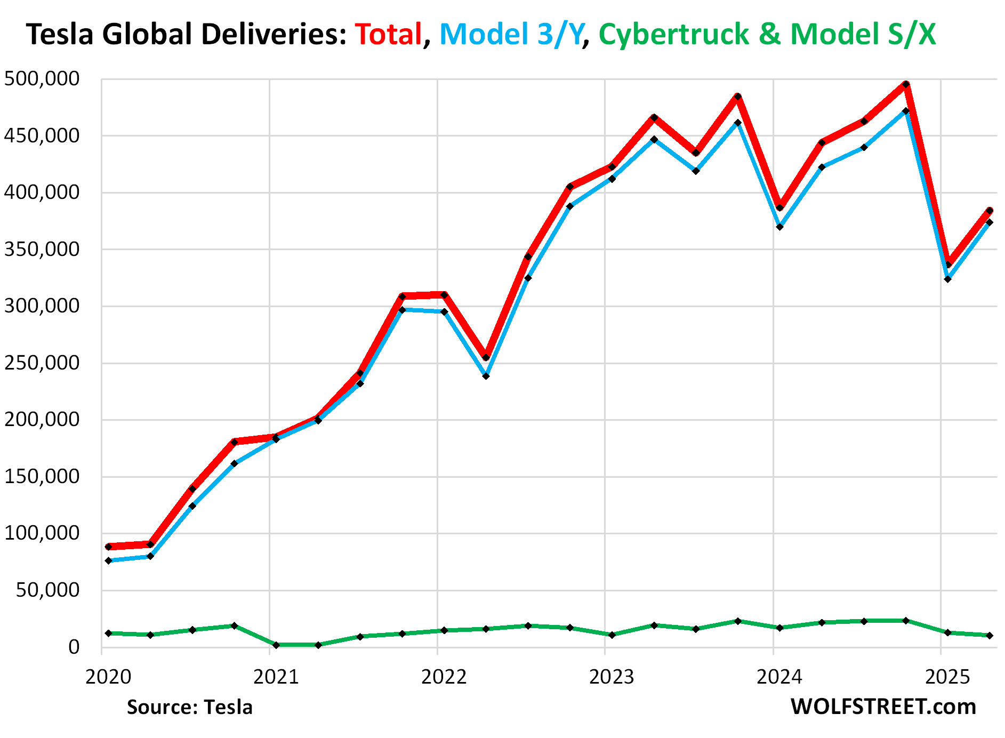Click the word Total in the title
click(x=389, y=34)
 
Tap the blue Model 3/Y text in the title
click(x=511, y=34)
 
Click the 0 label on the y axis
click(x=74, y=647)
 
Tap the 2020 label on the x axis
click(x=108, y=677)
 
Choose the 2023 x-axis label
click(x=612, y=677)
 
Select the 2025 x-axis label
click(x=947, y=677)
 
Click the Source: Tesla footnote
click(x=189, y=707)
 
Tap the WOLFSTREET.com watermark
click(x=883, y=707)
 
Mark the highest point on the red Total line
click(x=906, y=84)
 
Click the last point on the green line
click(x=990, y=636)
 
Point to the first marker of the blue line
click(x=108, y=561)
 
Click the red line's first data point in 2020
click(x=108, y=547)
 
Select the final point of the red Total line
click(x=990, y=211)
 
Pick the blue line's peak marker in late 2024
click(x=906, y=111)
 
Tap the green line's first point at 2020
click(x=108, y=633)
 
